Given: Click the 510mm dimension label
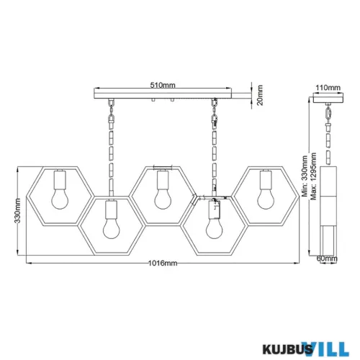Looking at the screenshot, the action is coord(163,85).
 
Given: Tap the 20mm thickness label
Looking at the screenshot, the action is coord(260,95).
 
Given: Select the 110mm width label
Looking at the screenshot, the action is coord(328,88).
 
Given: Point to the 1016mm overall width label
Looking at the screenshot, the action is coord(163,264).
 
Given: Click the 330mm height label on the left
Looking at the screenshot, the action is coord(17,210).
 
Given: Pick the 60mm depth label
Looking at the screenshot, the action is coord(327,258).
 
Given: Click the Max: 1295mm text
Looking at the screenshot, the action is coord(313,176).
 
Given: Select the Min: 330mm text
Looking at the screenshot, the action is coord(305,176).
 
